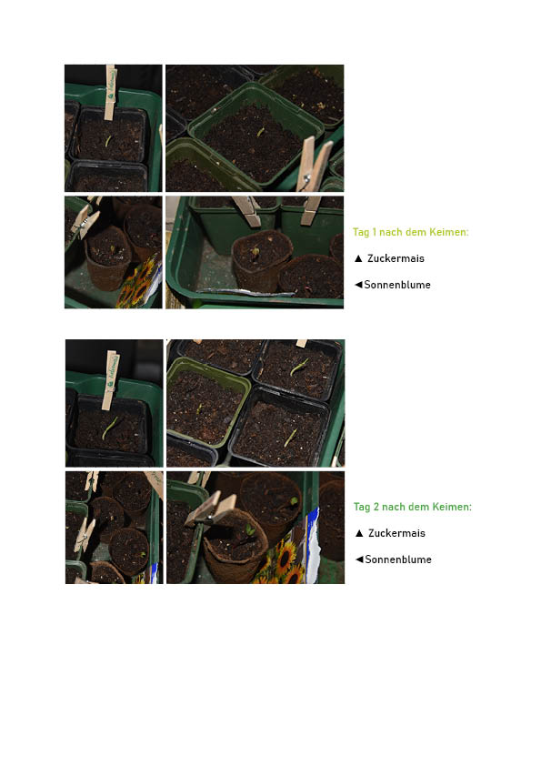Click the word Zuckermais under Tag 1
(396, 258)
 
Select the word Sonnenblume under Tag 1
(397, 285)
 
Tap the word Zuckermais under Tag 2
(396, 533)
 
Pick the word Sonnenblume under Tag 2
(398, 559)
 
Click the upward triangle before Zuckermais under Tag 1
(358, 258)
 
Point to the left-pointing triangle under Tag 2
(359, 559)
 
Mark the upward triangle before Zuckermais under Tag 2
(359, 533)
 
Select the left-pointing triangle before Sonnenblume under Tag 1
(358, 285)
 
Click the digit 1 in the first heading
(374, 232)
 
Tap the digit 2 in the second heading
(376, 507)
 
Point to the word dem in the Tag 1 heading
(418, 232)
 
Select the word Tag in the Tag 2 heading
(362, 507)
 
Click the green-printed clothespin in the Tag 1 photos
(111, 92)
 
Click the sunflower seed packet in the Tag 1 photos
(140, 283)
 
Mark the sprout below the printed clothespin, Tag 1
(108, 141)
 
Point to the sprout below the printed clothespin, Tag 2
(110, 428)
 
